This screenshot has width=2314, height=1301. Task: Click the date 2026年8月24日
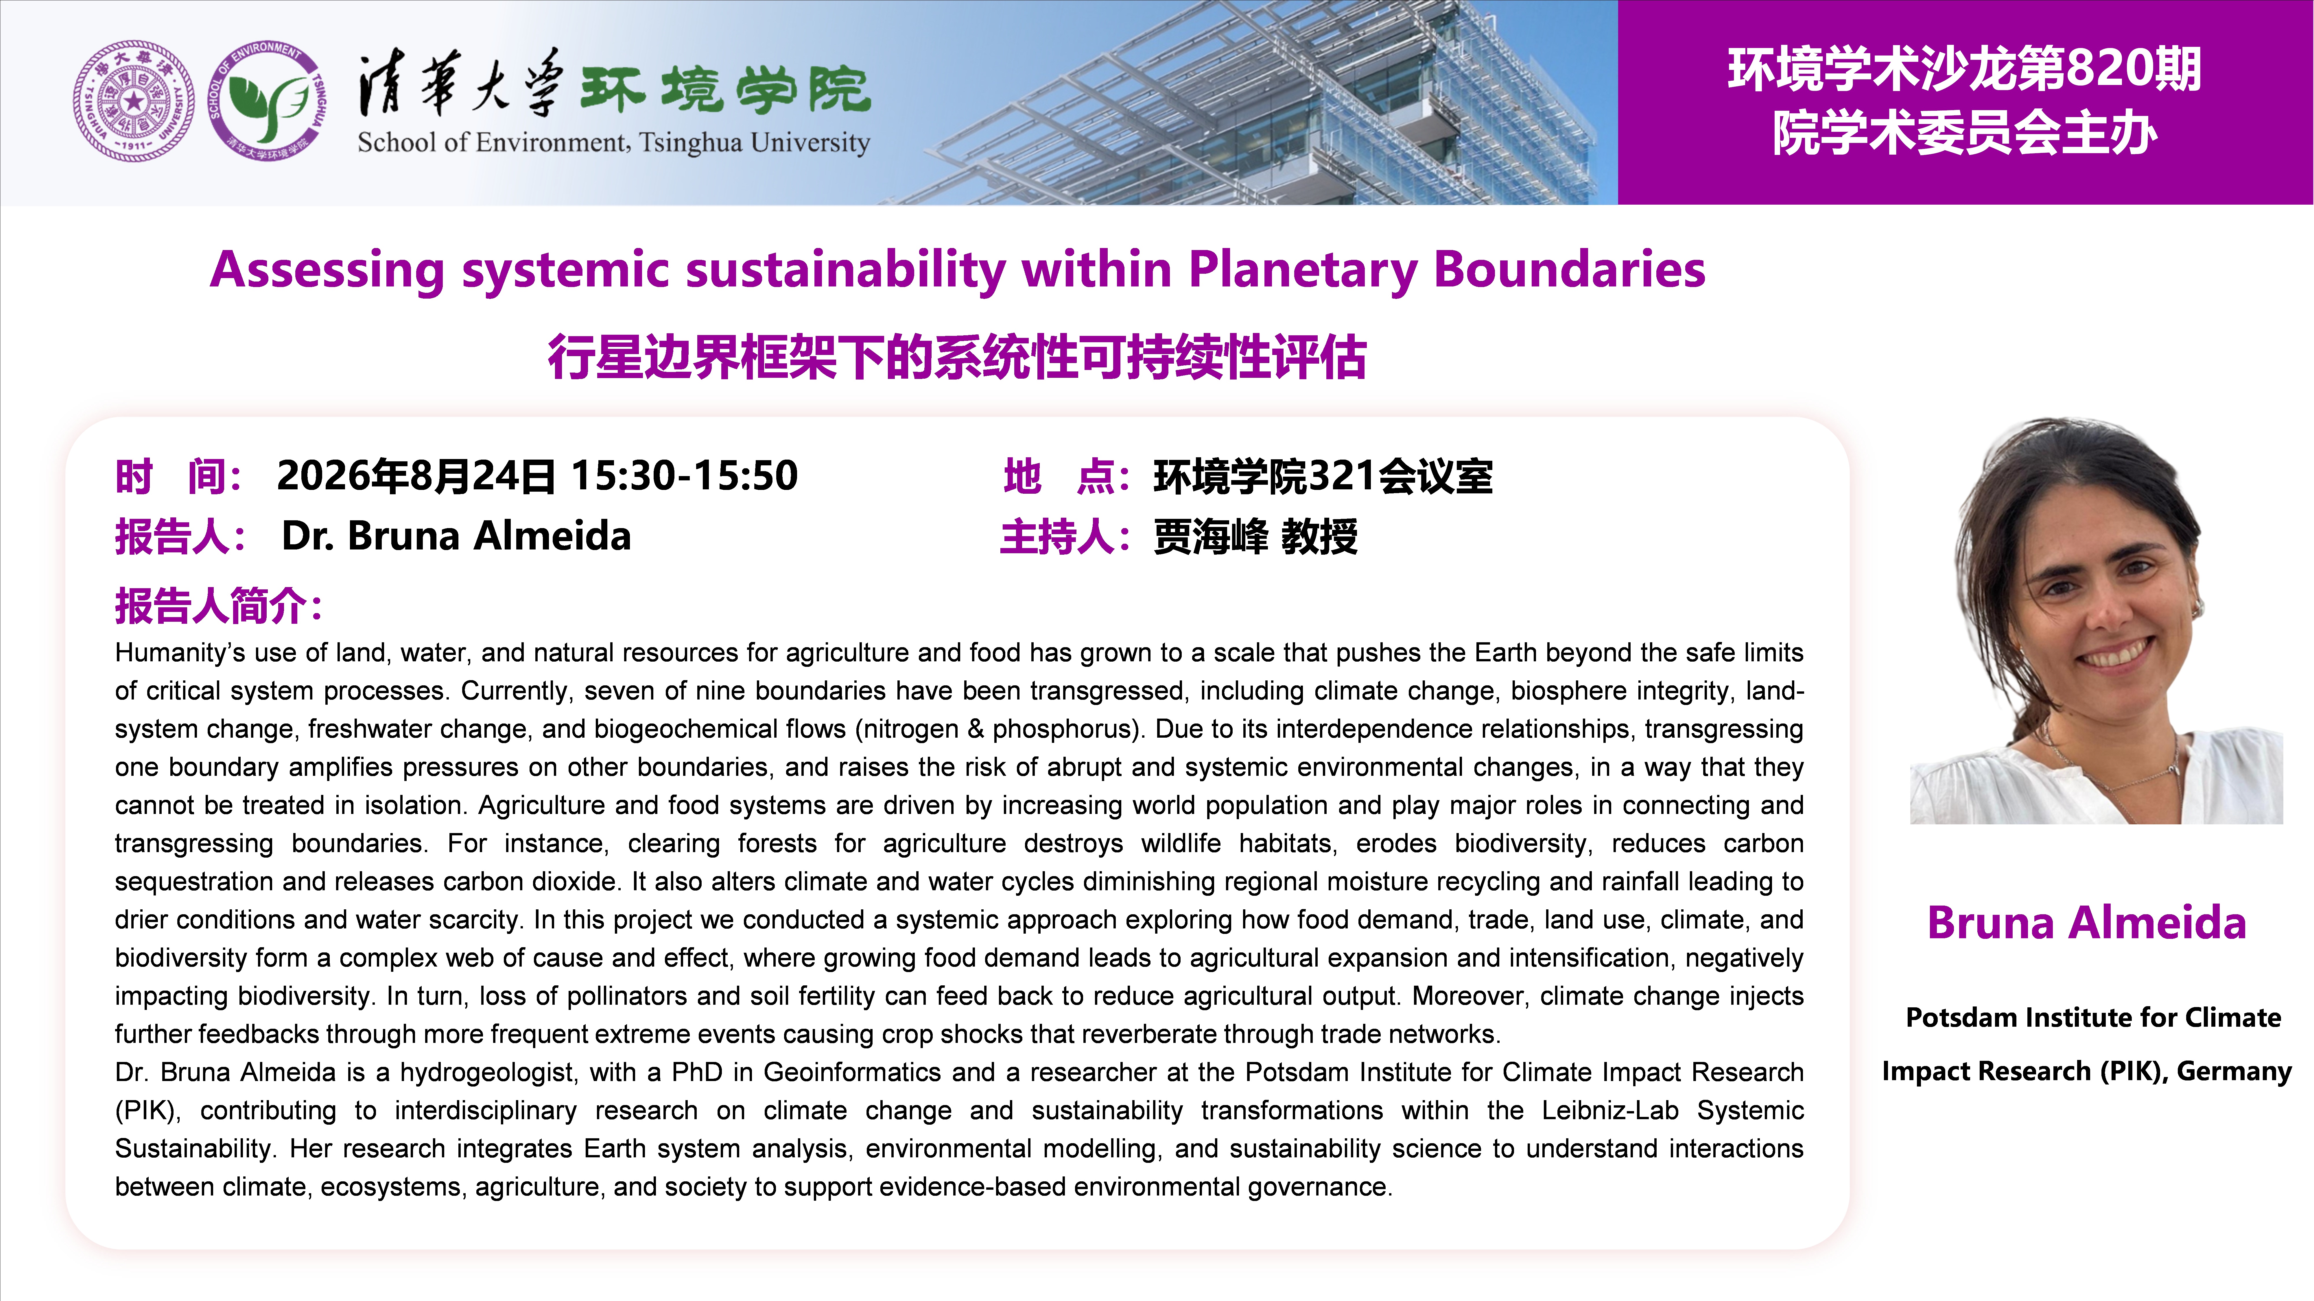pos(416,476)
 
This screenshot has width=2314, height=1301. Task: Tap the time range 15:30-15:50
pos(685,476)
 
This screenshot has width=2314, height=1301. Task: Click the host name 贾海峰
pos(1210,537)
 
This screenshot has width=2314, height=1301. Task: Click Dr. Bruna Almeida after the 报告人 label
pos(456,536)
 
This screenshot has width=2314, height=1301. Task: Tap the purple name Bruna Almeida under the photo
pos(2087,923)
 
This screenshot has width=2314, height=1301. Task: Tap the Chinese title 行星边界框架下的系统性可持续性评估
pos(958,357)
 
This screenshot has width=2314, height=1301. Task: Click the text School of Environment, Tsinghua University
pos(613,143)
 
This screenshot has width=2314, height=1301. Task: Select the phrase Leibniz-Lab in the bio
pos(1610,1111)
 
